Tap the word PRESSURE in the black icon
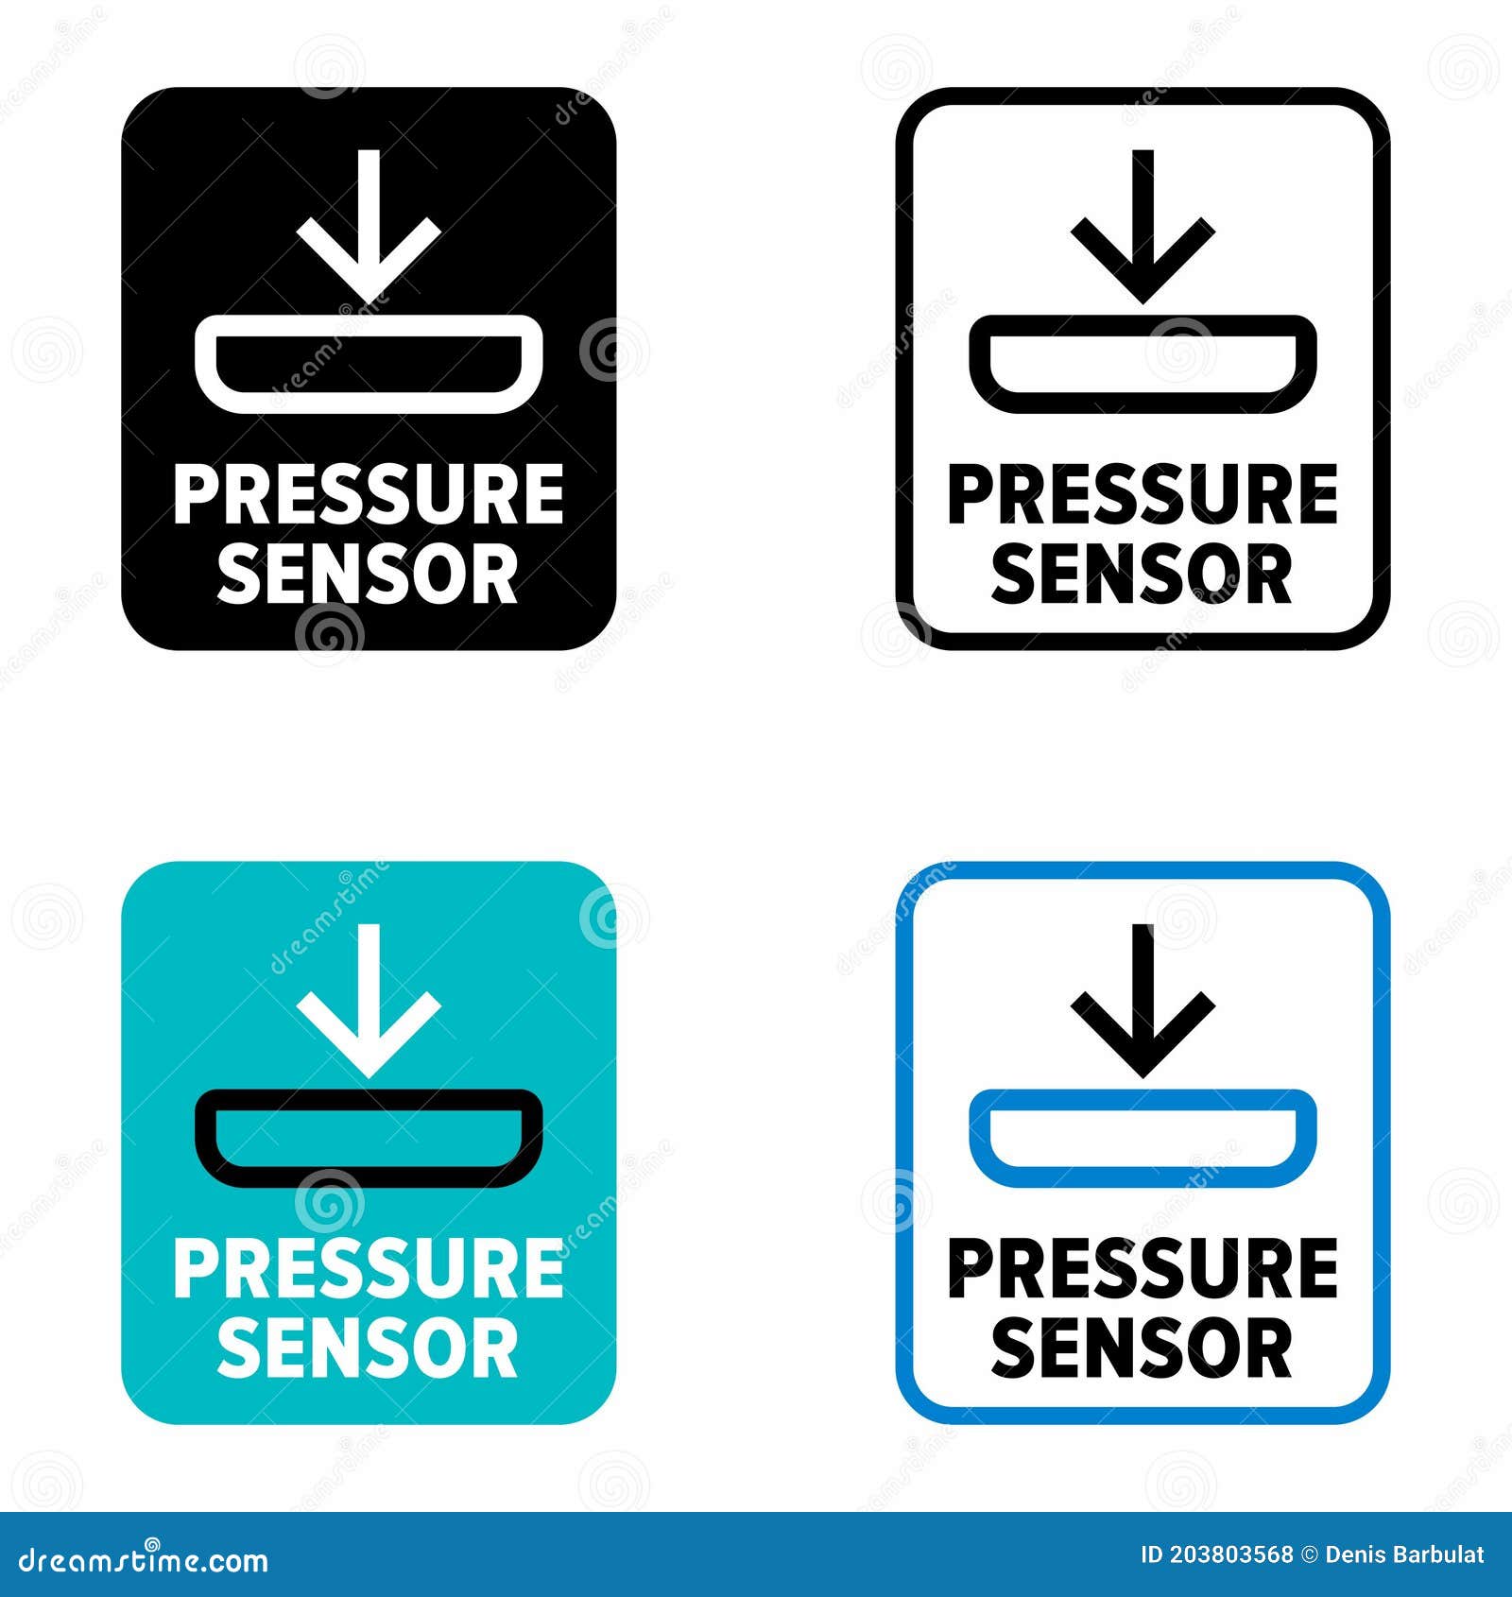click(369, 493)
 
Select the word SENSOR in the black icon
click(369, 574)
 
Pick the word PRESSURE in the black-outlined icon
click(1143, 493)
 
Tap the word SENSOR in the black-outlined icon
click(1143, 574)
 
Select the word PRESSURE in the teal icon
click(369, 1268)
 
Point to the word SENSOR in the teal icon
click(369, 1348)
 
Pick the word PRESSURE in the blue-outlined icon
click(1143, 1268)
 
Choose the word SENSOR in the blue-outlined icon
click(1143, 1348)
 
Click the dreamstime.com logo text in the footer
click(144, 1560)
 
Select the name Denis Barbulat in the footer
click(1405, 1555)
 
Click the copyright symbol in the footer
click(1309, 1555)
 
